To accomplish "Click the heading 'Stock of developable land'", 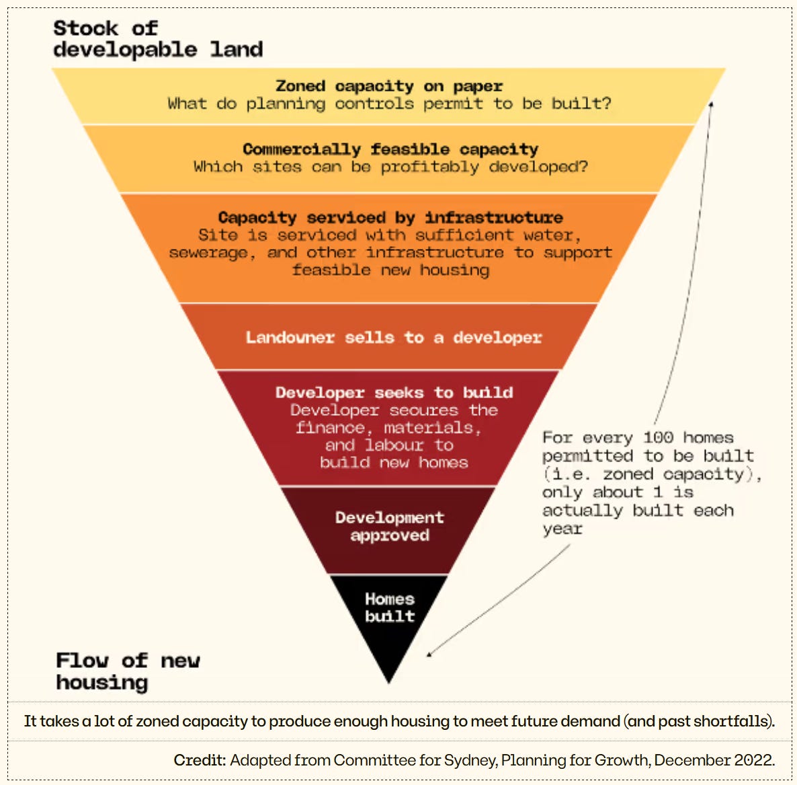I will coord(157,39).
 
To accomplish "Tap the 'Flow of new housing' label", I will coord(128,671).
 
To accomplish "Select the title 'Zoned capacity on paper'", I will coord(389,86).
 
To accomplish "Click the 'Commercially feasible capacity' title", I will coord(390,149).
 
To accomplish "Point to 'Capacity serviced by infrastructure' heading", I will coord(390,217).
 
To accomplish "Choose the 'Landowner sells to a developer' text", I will coord(393,337).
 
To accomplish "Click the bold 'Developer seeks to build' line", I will coord(394,392).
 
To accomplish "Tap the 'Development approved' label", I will coord(390,526).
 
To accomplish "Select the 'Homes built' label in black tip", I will coord(390,607).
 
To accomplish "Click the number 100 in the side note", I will coord(658,437).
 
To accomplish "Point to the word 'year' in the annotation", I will coord(562,529).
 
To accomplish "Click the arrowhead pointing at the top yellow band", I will coord(711,104).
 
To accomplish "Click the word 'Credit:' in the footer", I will coord(200,760).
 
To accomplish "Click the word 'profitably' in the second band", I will coord(429,167).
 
